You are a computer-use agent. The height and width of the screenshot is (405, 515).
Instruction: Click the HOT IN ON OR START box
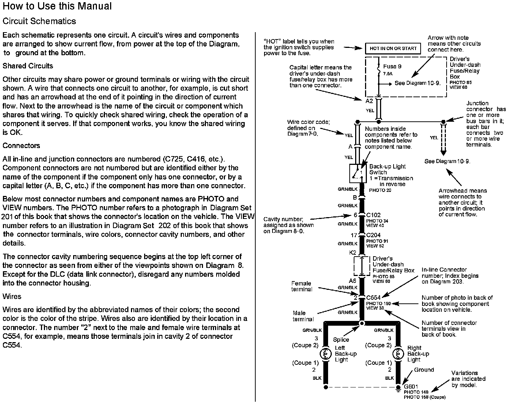coord(393,48)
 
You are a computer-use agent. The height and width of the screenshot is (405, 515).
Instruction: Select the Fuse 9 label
coord(392,67)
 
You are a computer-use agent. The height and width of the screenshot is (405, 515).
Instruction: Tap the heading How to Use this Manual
coord(57,6)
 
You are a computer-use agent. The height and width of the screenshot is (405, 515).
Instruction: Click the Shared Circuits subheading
coord(28,66)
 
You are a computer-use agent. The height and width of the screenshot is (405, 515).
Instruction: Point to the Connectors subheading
coord(21,145)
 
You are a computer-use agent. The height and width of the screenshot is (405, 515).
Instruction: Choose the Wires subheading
coord(12,296)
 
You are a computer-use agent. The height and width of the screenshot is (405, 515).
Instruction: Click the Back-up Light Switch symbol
coord(358,173)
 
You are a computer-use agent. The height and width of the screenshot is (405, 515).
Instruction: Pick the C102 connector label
coord(373,215)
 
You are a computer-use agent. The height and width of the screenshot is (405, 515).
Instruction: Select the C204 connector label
coord(373,235)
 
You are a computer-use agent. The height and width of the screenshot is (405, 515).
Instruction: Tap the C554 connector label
coord(373,298)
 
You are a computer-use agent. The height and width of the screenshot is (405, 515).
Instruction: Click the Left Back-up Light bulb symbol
coord(325,354)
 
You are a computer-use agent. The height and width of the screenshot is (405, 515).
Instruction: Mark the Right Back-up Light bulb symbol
coord(398,354)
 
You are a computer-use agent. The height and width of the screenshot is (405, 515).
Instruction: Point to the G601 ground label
coord(411,386)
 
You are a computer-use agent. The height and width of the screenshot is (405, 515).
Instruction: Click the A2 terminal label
coord(369,101)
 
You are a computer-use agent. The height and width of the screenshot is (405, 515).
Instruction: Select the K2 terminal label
coord(353,252)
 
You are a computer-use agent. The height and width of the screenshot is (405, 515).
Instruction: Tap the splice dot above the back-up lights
coord(362,323)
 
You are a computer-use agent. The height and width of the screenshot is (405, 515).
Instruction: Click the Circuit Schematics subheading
coord(39,21)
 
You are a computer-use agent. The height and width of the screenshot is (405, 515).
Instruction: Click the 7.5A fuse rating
coord(387,73)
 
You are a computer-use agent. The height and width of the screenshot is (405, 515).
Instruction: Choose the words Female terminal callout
coord(302,286)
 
